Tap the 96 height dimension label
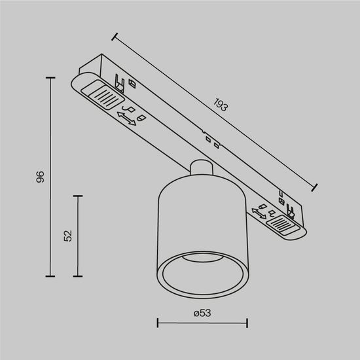39,177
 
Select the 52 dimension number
67,236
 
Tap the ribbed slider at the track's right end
285,225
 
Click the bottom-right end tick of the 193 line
315,188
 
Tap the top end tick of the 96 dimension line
51,78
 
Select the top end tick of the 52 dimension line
77,195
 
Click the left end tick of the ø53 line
158,322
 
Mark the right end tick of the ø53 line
247,322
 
